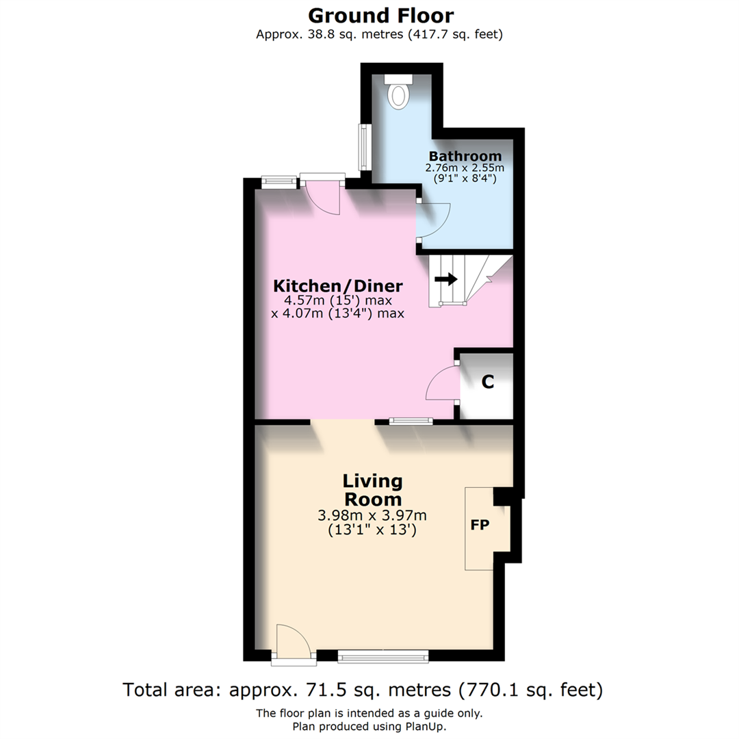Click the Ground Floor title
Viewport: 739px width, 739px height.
pos(380,15)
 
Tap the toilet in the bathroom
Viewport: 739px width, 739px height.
pos(397,93)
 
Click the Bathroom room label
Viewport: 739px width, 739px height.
pos(465,156)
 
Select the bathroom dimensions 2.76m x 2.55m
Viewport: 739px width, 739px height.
pos(465,168)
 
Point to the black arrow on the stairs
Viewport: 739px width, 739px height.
pos(446,278)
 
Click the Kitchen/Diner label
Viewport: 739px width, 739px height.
pos(338,285)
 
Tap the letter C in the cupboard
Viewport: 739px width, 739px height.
pos(487,383)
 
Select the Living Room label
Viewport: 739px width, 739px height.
pos(372,489)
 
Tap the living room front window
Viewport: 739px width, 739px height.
pos(383,657)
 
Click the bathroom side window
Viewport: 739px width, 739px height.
pos(364,147)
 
